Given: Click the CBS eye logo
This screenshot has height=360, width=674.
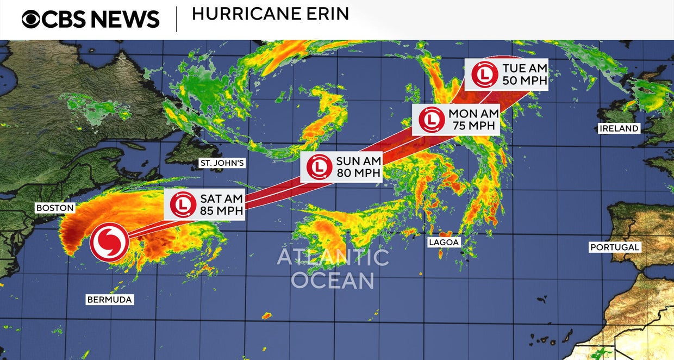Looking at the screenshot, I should coord(31,19).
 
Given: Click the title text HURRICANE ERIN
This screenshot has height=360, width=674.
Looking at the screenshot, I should coord(270,14).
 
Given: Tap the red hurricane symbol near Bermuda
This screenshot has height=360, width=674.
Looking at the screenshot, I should coord(109,242).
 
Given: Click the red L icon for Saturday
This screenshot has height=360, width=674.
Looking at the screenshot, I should coord(183,204).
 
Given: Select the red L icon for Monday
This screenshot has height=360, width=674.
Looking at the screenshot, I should coord(431,120).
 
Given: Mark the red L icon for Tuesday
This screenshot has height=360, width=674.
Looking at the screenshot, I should coord(484,75).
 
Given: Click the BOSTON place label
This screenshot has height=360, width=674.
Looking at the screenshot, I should coord(55,208).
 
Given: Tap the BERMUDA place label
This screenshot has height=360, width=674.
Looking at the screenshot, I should coord(109,299).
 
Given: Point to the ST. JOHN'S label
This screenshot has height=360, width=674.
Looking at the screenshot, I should coord(223,163).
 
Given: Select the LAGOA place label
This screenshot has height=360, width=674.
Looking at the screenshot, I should coord(444,243).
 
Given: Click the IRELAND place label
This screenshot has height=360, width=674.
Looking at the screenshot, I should coord(619,128).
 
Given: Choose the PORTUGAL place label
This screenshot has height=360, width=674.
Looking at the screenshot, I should coord(615,247).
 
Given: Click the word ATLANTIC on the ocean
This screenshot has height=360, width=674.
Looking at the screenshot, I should coord(333,257).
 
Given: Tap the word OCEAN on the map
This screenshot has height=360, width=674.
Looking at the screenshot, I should coord(333,281).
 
